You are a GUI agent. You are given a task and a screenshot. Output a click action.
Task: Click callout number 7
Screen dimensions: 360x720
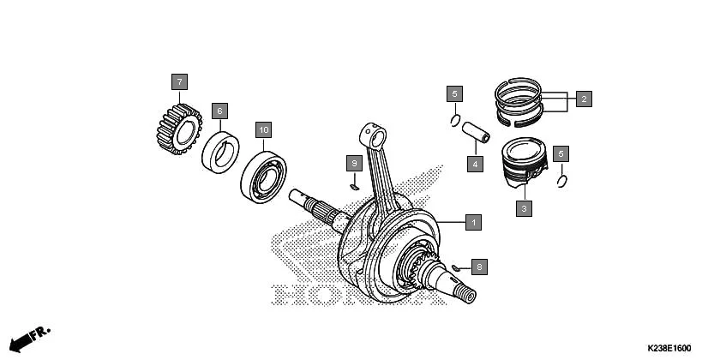click(x=179, y=82)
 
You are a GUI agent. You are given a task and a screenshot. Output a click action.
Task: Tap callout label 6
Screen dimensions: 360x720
click(x=219, y=111)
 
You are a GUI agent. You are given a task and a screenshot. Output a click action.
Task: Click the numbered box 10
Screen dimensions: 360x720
click(x=264, y=130)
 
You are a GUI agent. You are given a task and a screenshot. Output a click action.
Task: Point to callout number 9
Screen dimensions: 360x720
click(x=352, y=162)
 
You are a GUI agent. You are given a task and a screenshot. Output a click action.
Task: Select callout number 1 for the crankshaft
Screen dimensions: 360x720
click(x=471, y=222)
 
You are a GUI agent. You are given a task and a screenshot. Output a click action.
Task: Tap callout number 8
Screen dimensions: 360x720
click(x=479, y=267)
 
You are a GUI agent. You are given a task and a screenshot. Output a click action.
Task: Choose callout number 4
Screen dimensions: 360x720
click(x=472, y=162)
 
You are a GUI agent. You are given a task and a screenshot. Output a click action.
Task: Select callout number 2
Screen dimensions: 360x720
click(x=583, y=99)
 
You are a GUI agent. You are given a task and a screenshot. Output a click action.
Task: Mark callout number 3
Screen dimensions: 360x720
click(x=525, y=207)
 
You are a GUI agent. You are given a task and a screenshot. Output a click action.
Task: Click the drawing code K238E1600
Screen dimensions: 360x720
click(x=663, y=347)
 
